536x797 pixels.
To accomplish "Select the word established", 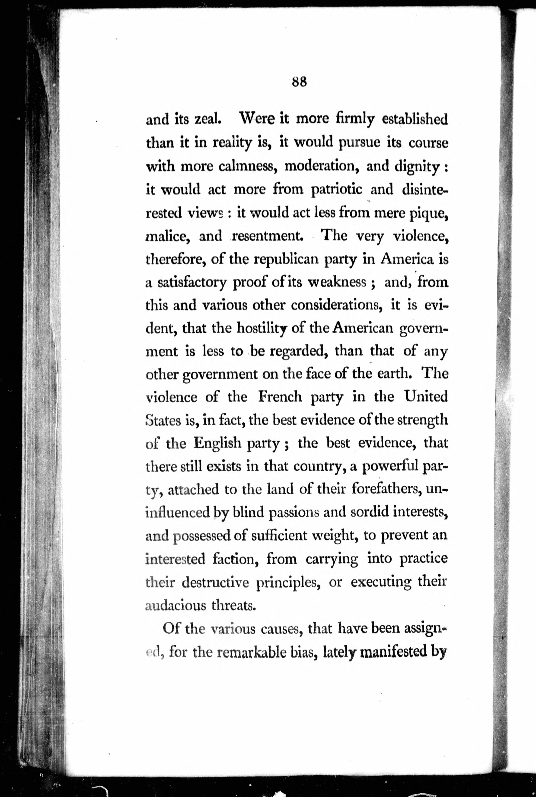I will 414,119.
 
